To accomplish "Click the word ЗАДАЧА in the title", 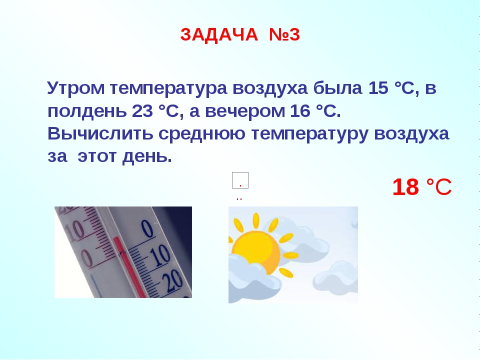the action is [x=219, y=34].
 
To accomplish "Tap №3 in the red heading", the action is [x=284, y=34].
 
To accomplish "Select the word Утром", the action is [x=76, y=88].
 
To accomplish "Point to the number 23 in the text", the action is [x=142, y=111].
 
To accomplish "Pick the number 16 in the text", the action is [x=300, y=111].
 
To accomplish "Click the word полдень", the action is [x=87, y=111].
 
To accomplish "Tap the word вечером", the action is [x=245, y=111].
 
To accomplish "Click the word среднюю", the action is [x=201, y=134].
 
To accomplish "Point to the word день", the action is [x=147, y=157].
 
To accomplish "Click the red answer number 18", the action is [x=405, y=186].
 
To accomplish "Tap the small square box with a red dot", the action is [x=240, y=180].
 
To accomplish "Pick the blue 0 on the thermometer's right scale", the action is [x=148, y=228].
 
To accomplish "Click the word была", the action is [x=337, y=88].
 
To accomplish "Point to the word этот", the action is [x=97, y=156].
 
